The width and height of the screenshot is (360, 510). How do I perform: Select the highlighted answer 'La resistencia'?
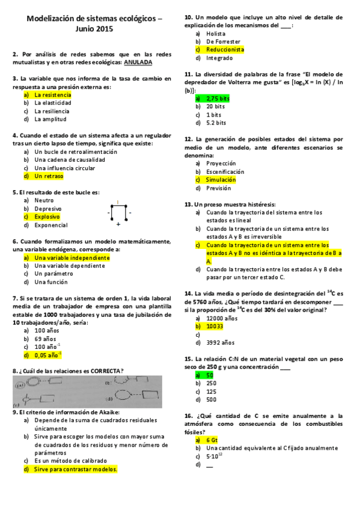pos(52,95)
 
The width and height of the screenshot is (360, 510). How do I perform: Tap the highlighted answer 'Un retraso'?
pos(48,176)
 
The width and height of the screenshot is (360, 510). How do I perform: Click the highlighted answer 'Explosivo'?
pos(47,217)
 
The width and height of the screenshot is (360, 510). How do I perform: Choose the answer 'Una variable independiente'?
pos(72,257)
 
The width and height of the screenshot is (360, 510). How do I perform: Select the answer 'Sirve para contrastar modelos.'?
pos(75,469)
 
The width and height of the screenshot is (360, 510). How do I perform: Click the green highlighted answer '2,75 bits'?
pos(218,98)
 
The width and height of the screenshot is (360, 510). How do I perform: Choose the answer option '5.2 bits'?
pos(216,123)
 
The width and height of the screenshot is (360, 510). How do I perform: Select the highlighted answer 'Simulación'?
pos(221,179)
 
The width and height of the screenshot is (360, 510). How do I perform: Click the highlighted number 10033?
pos(215,326)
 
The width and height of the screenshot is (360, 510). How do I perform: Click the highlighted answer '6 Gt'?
pos(212,440)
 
